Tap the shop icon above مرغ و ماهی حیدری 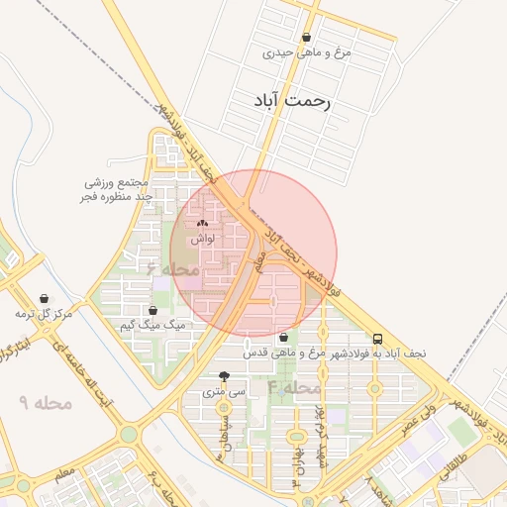pyautogui.click(x=306, y=38)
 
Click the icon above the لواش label pyautogui.click(x=203, y=225)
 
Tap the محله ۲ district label pyautogui.click(x=173, y=268)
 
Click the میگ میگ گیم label pyautogui.click(x=152, y=325)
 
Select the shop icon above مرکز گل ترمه pyautogui.click(x=45, y=298)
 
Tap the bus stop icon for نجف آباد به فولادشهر pyautogui.click(x=377, y=338)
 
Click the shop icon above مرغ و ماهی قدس pyautogui.click(x=283, y=338)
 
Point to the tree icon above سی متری pyautogui.click(x=224, y=376)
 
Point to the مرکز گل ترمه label pyautogui.click(x=44, y=314)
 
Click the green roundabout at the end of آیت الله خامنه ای pyautogui.click(x=129, y=434)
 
